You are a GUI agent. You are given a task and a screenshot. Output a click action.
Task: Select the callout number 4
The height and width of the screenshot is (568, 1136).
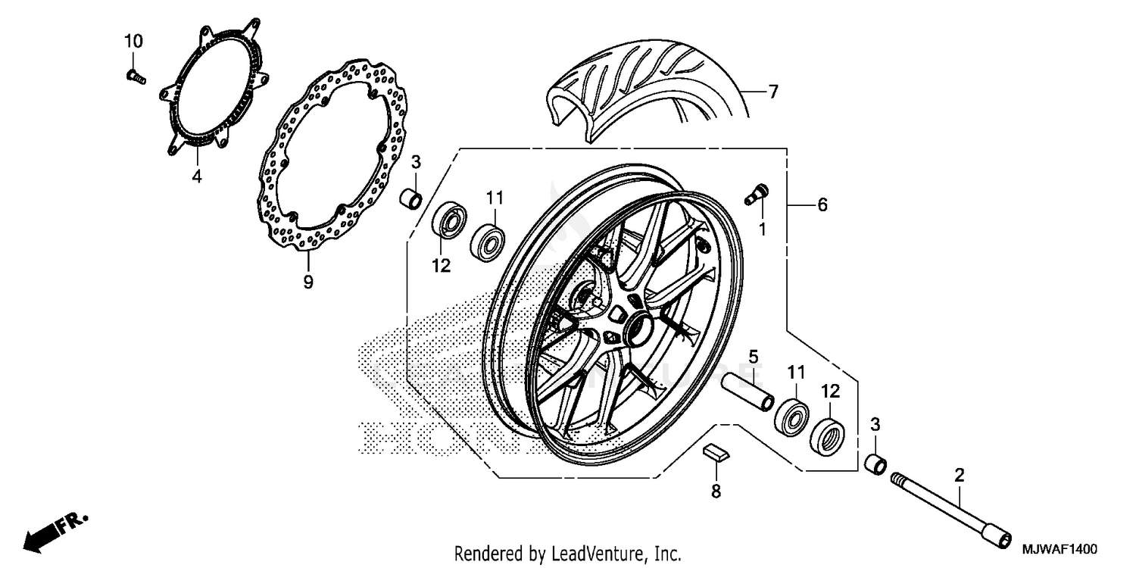pos(196,177)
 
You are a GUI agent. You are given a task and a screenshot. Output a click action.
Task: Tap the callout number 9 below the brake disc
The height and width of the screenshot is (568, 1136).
pos(307,282)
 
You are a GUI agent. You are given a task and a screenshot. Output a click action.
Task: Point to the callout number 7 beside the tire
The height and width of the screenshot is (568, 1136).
pos(772,92)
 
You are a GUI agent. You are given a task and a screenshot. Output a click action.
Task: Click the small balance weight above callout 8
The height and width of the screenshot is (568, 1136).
pos(716,452)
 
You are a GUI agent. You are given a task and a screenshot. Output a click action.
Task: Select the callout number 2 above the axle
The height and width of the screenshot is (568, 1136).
pos(960,476)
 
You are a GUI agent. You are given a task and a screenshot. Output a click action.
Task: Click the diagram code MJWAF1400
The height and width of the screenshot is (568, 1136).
pos(1060,548)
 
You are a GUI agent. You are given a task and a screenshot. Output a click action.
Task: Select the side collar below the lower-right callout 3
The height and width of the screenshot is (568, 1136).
pos(877,462)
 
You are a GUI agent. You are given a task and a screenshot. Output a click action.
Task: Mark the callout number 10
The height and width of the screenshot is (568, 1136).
pos(133,42)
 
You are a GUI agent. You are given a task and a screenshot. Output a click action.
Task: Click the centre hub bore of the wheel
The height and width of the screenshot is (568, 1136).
pos(638,327)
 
